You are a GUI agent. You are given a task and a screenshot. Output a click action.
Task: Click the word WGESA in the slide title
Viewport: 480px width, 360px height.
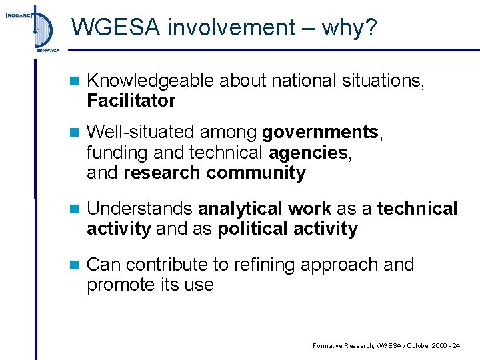point(116,27)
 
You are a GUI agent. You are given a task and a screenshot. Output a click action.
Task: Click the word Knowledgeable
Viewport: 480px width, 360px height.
point(151,81)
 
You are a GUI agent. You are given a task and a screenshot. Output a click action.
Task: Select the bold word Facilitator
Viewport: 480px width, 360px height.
point(131,101)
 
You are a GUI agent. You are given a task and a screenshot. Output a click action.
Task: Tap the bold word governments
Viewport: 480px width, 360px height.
point(320,133)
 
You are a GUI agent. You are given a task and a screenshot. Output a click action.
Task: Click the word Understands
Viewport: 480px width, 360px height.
point(140,209)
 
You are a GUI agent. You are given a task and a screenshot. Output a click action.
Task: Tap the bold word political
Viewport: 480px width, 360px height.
point(253,229)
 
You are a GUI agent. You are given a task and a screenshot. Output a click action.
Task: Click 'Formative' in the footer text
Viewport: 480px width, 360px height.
point(327,345)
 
